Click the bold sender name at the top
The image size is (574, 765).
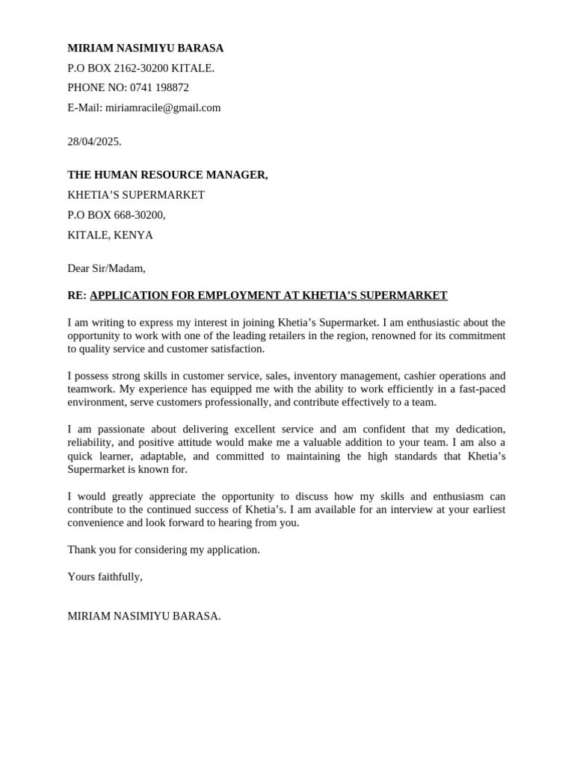[145, 48]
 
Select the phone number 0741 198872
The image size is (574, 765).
[159, 87]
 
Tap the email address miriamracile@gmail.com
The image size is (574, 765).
[163, 108]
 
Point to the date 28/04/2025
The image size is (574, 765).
[94, 141]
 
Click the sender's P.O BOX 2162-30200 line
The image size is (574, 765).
[141, 68]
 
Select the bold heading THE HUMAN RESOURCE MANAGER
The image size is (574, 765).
[167, 175]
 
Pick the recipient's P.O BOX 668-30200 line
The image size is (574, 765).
[116, 215]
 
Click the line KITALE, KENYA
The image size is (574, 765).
[110, 235]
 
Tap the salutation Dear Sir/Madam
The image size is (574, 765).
[106, 268]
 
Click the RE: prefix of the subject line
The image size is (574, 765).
[77, 295]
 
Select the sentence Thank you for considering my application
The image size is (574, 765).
[164, 550]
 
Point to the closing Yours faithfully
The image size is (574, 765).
[105, 577]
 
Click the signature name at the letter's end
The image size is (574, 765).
[143, 616]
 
